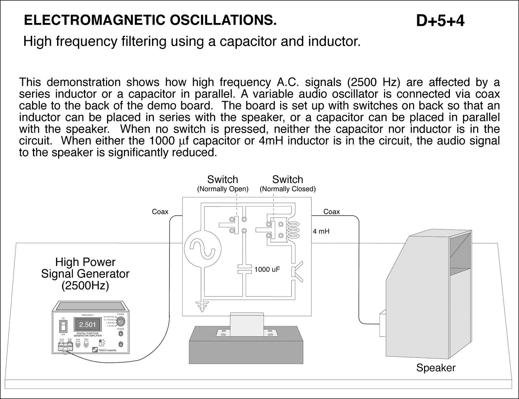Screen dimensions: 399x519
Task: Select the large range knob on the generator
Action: pyautogui.click(x=121, y=321)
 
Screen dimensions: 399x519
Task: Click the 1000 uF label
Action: pyautogui.click(x=267, y=269)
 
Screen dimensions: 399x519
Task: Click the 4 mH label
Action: pyautogui.click(x=321, y=231)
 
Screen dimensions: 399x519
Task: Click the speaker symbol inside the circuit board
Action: pyautogui.click(x=296, y=271)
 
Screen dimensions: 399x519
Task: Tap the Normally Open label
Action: pyautogui.click(x=223, y=189)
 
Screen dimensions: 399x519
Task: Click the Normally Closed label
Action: pyautogui.click(x=287, y=189)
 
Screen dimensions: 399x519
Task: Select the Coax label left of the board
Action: pyautogui.click(x=160, y=212)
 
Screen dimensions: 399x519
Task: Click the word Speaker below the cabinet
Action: pyautogui.click(x=436, y=368)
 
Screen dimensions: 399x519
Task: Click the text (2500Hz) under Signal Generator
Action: pyautogui.click(x=85, y=286)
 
